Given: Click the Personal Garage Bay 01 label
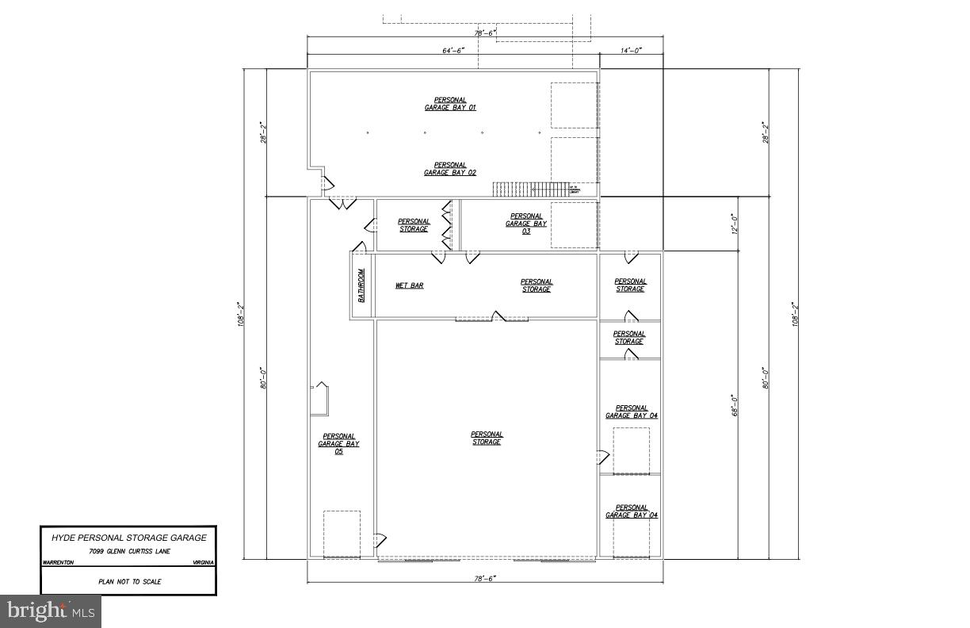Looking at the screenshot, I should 449,103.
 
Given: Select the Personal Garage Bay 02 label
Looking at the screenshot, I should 449,169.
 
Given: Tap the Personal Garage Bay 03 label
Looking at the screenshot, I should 526,224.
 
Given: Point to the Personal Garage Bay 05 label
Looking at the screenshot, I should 338,443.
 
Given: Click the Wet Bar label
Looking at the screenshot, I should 409,285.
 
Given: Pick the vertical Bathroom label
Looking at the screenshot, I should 361,285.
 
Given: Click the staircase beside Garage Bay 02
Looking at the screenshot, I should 529,190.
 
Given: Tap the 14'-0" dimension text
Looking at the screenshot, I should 631,50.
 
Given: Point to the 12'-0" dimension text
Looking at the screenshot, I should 735,224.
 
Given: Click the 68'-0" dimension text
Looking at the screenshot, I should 735,406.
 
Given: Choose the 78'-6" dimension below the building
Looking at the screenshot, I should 484,579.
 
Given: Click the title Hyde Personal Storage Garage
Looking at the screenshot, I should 128,538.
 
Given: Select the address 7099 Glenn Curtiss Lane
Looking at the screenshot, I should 128,551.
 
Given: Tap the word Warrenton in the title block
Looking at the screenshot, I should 58,562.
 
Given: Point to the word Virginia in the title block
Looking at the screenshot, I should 203,562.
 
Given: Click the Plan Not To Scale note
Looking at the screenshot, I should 129,582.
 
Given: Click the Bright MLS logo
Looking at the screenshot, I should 51,611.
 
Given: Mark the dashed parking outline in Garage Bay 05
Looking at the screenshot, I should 342,534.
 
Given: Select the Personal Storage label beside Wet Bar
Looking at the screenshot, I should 537,285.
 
